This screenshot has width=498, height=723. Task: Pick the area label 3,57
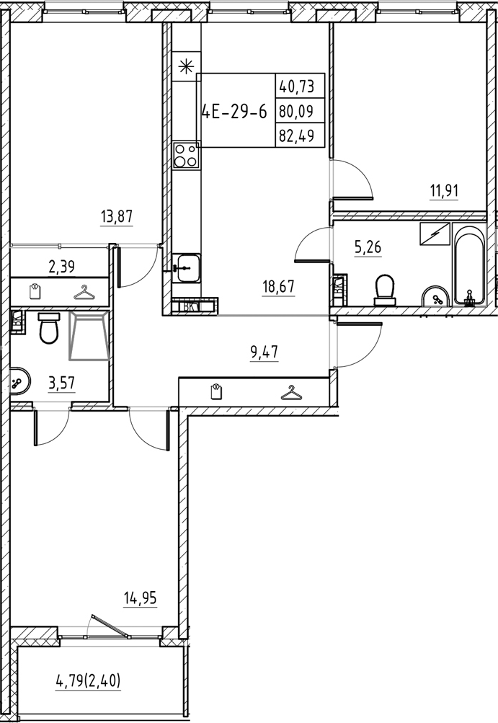click(x=63, y=383)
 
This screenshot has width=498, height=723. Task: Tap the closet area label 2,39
click(x=63, y=267)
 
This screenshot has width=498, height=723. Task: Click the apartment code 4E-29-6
click(x=234, y=112)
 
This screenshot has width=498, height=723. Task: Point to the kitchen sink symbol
click(x=186, y=267)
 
